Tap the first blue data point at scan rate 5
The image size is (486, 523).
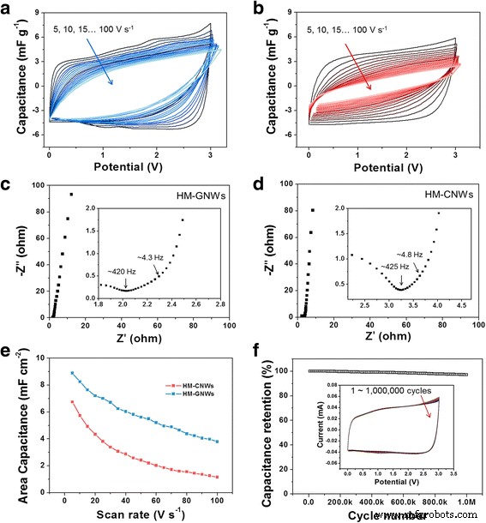point(72,373)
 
